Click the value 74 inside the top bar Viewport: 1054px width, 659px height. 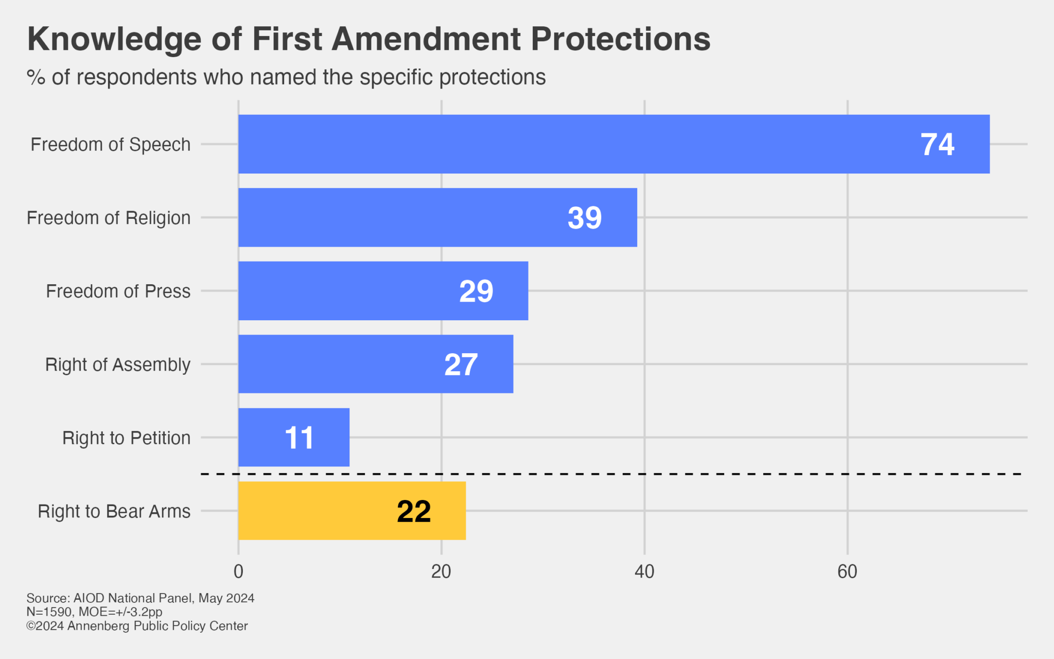point(937,145)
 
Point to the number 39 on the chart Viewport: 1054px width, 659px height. point(585,218)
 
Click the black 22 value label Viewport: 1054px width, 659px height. point(414,512)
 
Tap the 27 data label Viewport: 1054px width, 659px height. point(461,365)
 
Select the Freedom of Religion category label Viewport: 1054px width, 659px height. point(109,218)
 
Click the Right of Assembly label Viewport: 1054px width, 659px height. point(118,365)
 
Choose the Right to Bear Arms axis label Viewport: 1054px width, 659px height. point(114,511)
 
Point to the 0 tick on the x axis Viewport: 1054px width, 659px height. point(238,571)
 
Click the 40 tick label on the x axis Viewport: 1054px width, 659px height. point(644,571)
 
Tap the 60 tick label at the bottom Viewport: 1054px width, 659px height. point(847,571)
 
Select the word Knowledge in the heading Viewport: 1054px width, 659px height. point(114,39)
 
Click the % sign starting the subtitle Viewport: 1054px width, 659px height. point(36,78)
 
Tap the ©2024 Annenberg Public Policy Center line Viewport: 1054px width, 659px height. point(137,626)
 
